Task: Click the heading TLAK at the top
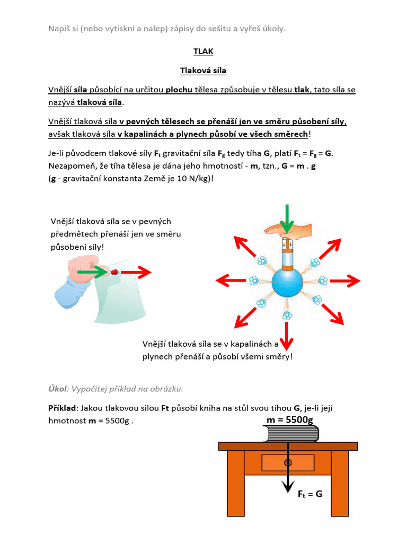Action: pyautogui.click(x=203, y=51)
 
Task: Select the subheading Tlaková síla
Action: pyautogui.click(x=203, y=70)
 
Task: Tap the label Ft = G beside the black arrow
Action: pyautogui.click(x=310, y=494)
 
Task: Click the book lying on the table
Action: pyautogui.click(x=291, y=435)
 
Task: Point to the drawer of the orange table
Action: pyautogui.click(x=288, y=463)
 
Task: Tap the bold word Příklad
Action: pyautogui.click(x=62, y=408)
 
